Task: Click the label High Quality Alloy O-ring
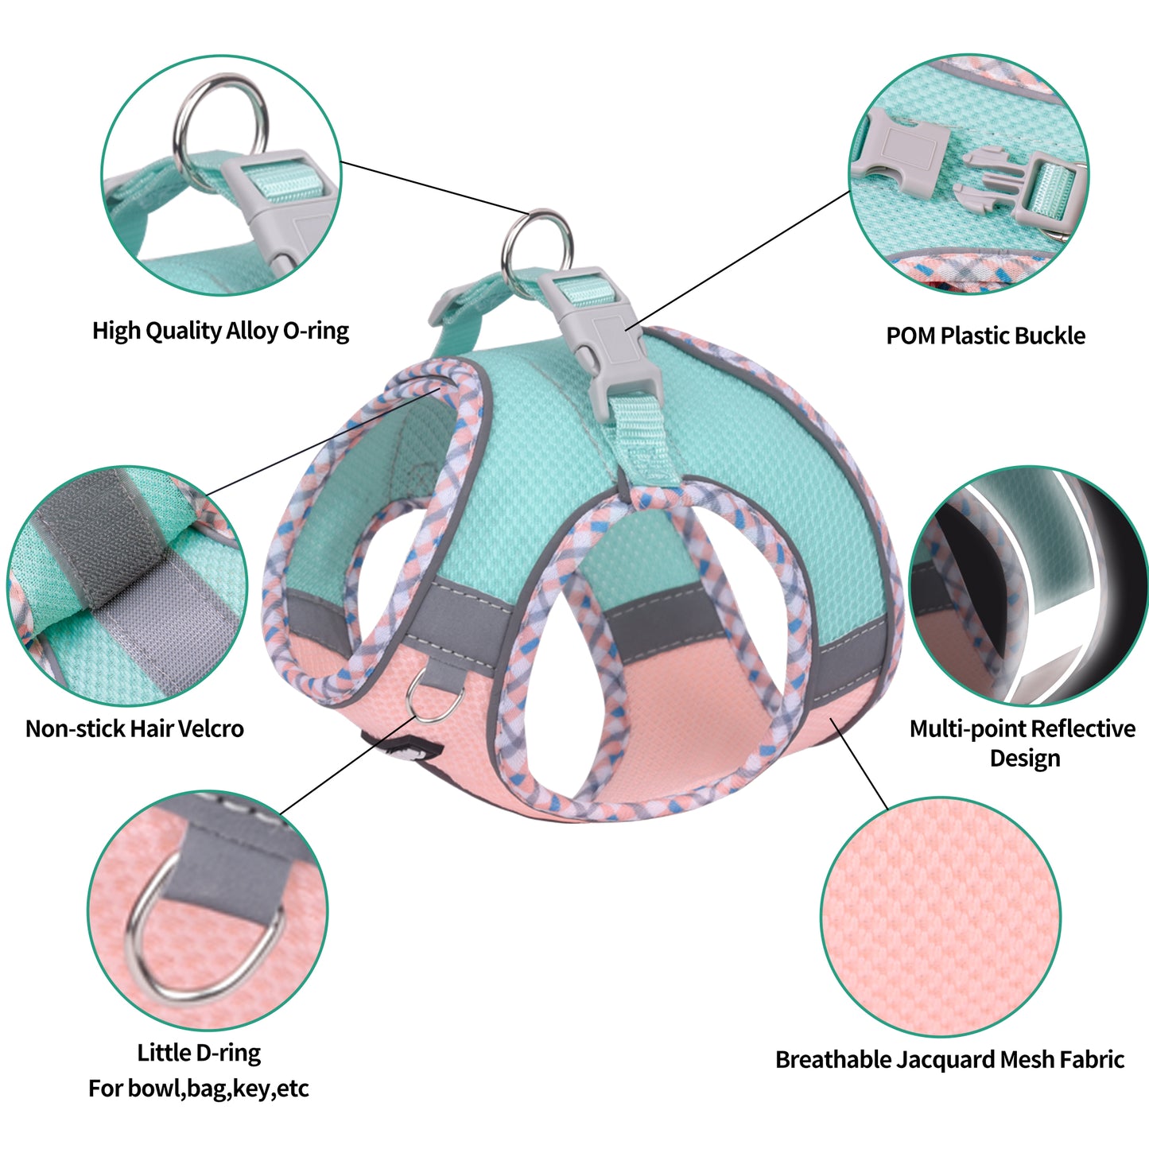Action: point(220,331)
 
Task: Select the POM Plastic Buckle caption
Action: point(985,336)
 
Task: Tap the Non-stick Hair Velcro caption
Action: point(134,728)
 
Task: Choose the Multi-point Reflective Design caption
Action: point(1023,743)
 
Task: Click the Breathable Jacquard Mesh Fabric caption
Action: point(949,1059)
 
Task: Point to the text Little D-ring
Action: point(199,1053)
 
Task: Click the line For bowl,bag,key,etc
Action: point(198,1088)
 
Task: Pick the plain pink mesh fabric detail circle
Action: point(941,917)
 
